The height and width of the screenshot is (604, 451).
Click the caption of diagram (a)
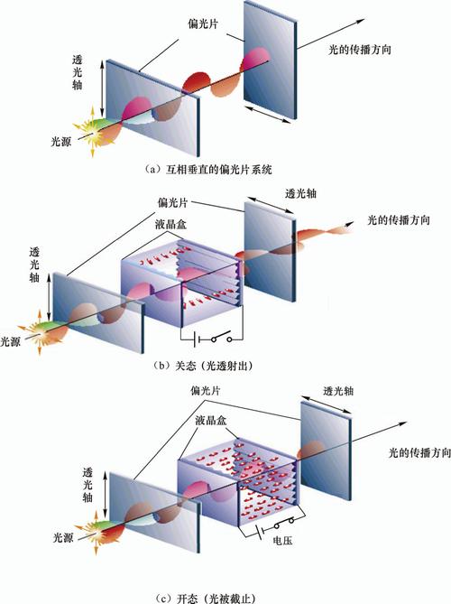(x=208, y=169)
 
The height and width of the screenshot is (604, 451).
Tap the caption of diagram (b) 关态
(x=203, y=365)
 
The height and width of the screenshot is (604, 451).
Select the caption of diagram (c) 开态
(x=205, y=599)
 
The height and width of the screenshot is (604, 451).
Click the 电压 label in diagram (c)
(x=282, y=541)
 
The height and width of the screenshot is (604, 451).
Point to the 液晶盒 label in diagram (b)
(x=170, y=224)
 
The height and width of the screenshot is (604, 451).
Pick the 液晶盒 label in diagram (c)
(x=210, y=420)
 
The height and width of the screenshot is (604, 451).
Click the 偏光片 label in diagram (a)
(x=203, y=23)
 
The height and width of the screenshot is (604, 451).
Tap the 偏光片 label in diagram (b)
(x=173, y=202)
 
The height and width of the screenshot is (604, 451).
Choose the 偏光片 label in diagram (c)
(x=206, y=391)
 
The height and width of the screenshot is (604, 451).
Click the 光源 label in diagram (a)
(x=61, y=142)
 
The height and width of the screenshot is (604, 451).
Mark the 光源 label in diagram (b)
(x=11, y=341)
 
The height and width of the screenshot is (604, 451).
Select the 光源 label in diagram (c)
(x=63, y=537)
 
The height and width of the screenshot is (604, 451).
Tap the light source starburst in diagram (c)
(x=95, y=533)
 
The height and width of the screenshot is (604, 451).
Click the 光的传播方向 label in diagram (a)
(x=360, y=50)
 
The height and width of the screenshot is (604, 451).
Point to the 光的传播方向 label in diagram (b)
(x=399, y=220)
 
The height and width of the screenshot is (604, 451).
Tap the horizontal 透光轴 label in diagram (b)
(x=301, y=193)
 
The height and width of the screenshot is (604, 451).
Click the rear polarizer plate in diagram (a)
(x=271, y=60)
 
